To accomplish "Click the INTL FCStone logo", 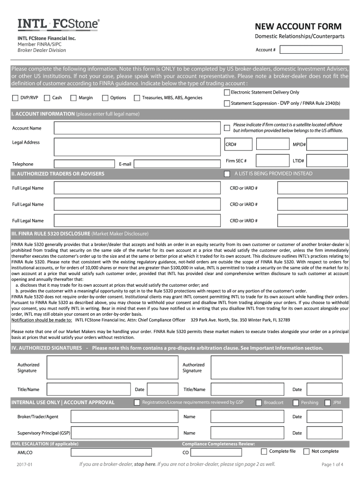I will pos(58,24).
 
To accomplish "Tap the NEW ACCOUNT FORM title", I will pos(298,27).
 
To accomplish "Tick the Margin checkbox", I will pos(73,98).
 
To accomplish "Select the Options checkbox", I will pos(105,98).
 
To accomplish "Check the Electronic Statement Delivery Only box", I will pos(227,93).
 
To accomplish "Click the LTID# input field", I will pos(328,161).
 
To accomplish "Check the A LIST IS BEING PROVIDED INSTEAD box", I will pos(227,174).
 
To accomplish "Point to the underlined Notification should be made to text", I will pos(42,320).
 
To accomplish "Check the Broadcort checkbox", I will pos(259,402).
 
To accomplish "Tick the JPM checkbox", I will pos(327,402).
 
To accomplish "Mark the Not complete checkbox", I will pos(306,451).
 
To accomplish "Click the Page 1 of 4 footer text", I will pos(332,464).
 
